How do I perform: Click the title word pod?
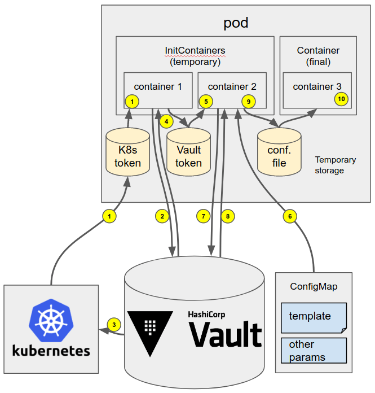(236, 23)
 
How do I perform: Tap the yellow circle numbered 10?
(341, 98)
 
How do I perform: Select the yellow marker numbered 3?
(114, 325)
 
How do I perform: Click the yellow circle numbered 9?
(248, 101)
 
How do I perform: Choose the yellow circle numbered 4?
(166, 120)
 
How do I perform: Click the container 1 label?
(158, 86)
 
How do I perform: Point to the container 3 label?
(317, 86)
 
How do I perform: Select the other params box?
(313, 350)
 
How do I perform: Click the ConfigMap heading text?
(314, 287)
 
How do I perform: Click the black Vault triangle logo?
(150, 330)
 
